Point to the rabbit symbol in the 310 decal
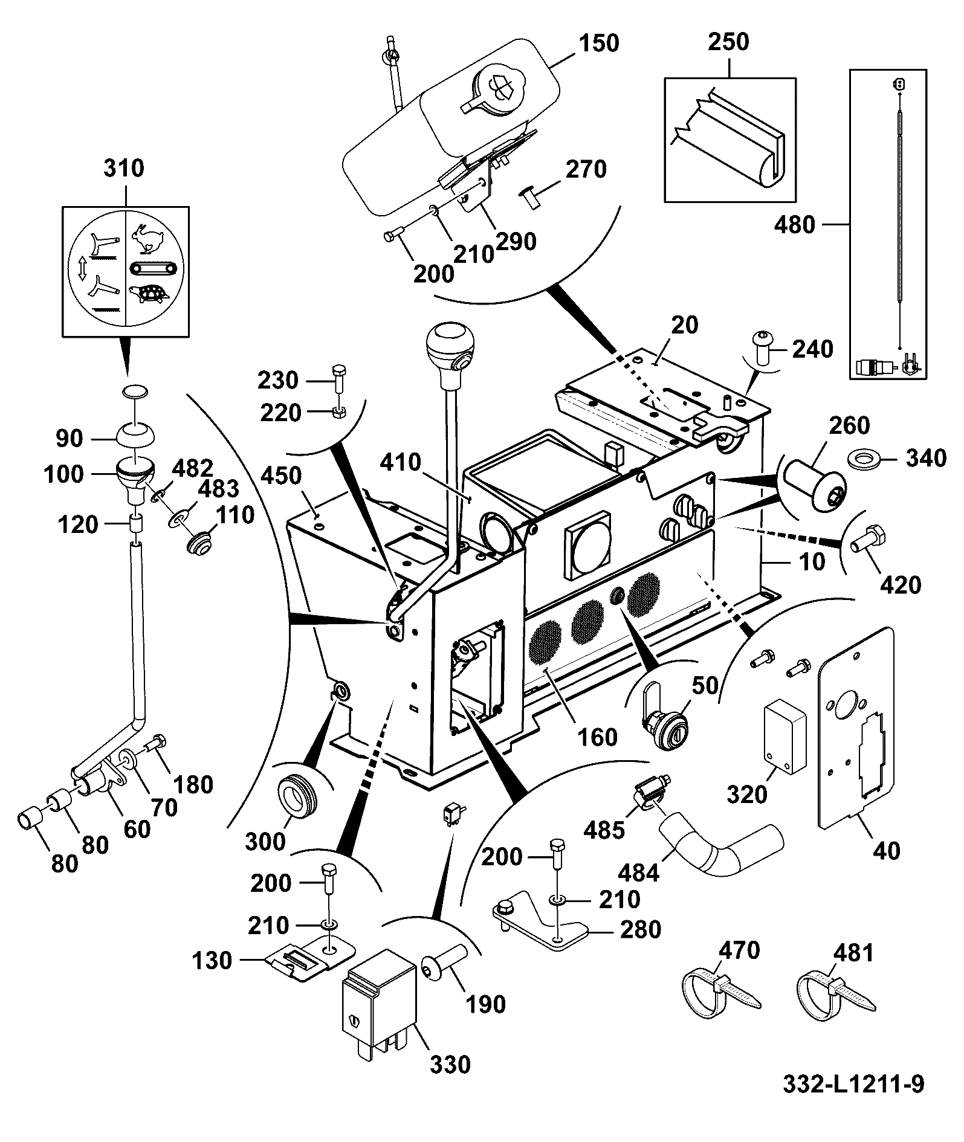click(147, 239)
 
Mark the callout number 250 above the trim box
click(728, 42)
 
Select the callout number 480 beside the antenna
click(794, 225)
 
